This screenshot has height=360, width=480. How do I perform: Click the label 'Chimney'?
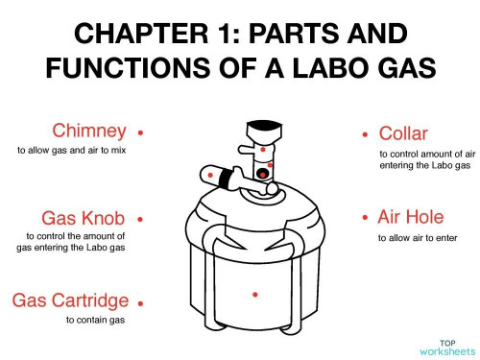pos(89,130)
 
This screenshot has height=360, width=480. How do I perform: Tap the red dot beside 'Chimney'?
pos(140,132)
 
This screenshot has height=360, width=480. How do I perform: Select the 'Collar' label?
pos(403,132)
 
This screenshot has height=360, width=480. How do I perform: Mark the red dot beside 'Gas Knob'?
pos(140,219)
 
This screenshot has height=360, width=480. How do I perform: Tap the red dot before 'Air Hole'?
pos(365,218)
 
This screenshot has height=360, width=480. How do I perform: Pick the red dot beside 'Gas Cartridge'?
pos(140,301)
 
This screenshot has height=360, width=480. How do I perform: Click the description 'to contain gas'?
pos(92,320)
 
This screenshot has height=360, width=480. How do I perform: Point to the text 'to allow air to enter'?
pos(418,237)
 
